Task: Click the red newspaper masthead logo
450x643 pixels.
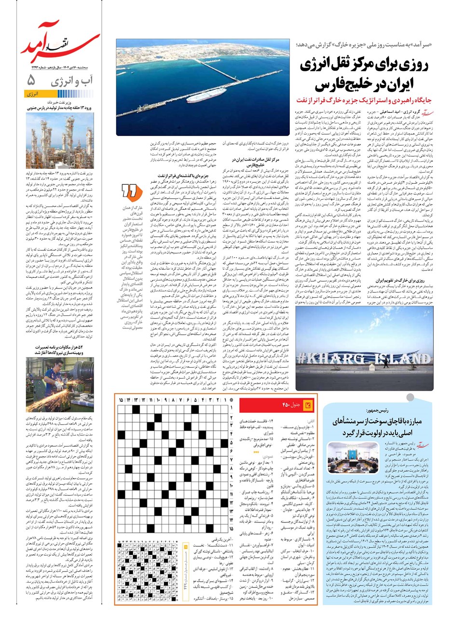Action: pos(60,41)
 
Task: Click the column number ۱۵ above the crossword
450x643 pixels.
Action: pos(121,400)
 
